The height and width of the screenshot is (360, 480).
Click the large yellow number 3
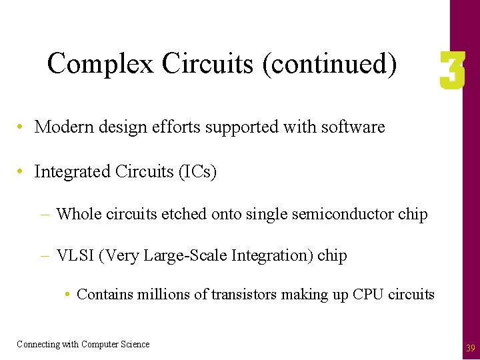tap(451, 72)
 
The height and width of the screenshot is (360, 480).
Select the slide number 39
tap(470, 348)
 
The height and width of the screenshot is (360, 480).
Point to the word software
tap(352, 127)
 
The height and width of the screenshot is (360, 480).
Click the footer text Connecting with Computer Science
tap(83, 344)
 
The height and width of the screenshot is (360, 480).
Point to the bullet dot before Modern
tap(22, 127)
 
